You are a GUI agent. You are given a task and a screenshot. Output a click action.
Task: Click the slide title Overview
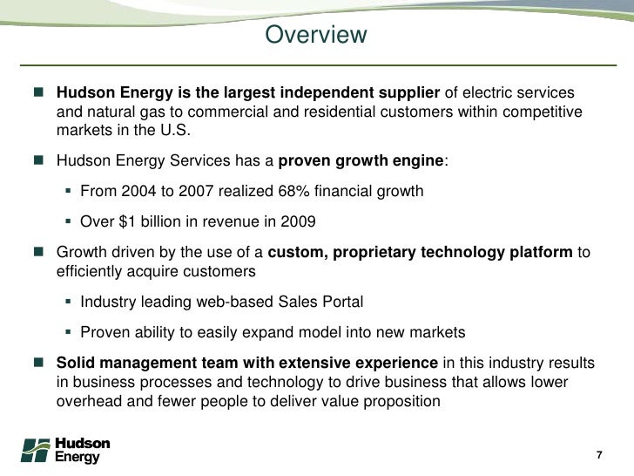[x=316, y=36]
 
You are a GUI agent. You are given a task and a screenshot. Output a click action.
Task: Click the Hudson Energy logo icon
[x=36, y=450]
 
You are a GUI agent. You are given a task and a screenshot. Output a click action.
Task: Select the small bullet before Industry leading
[x=69, y=303]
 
